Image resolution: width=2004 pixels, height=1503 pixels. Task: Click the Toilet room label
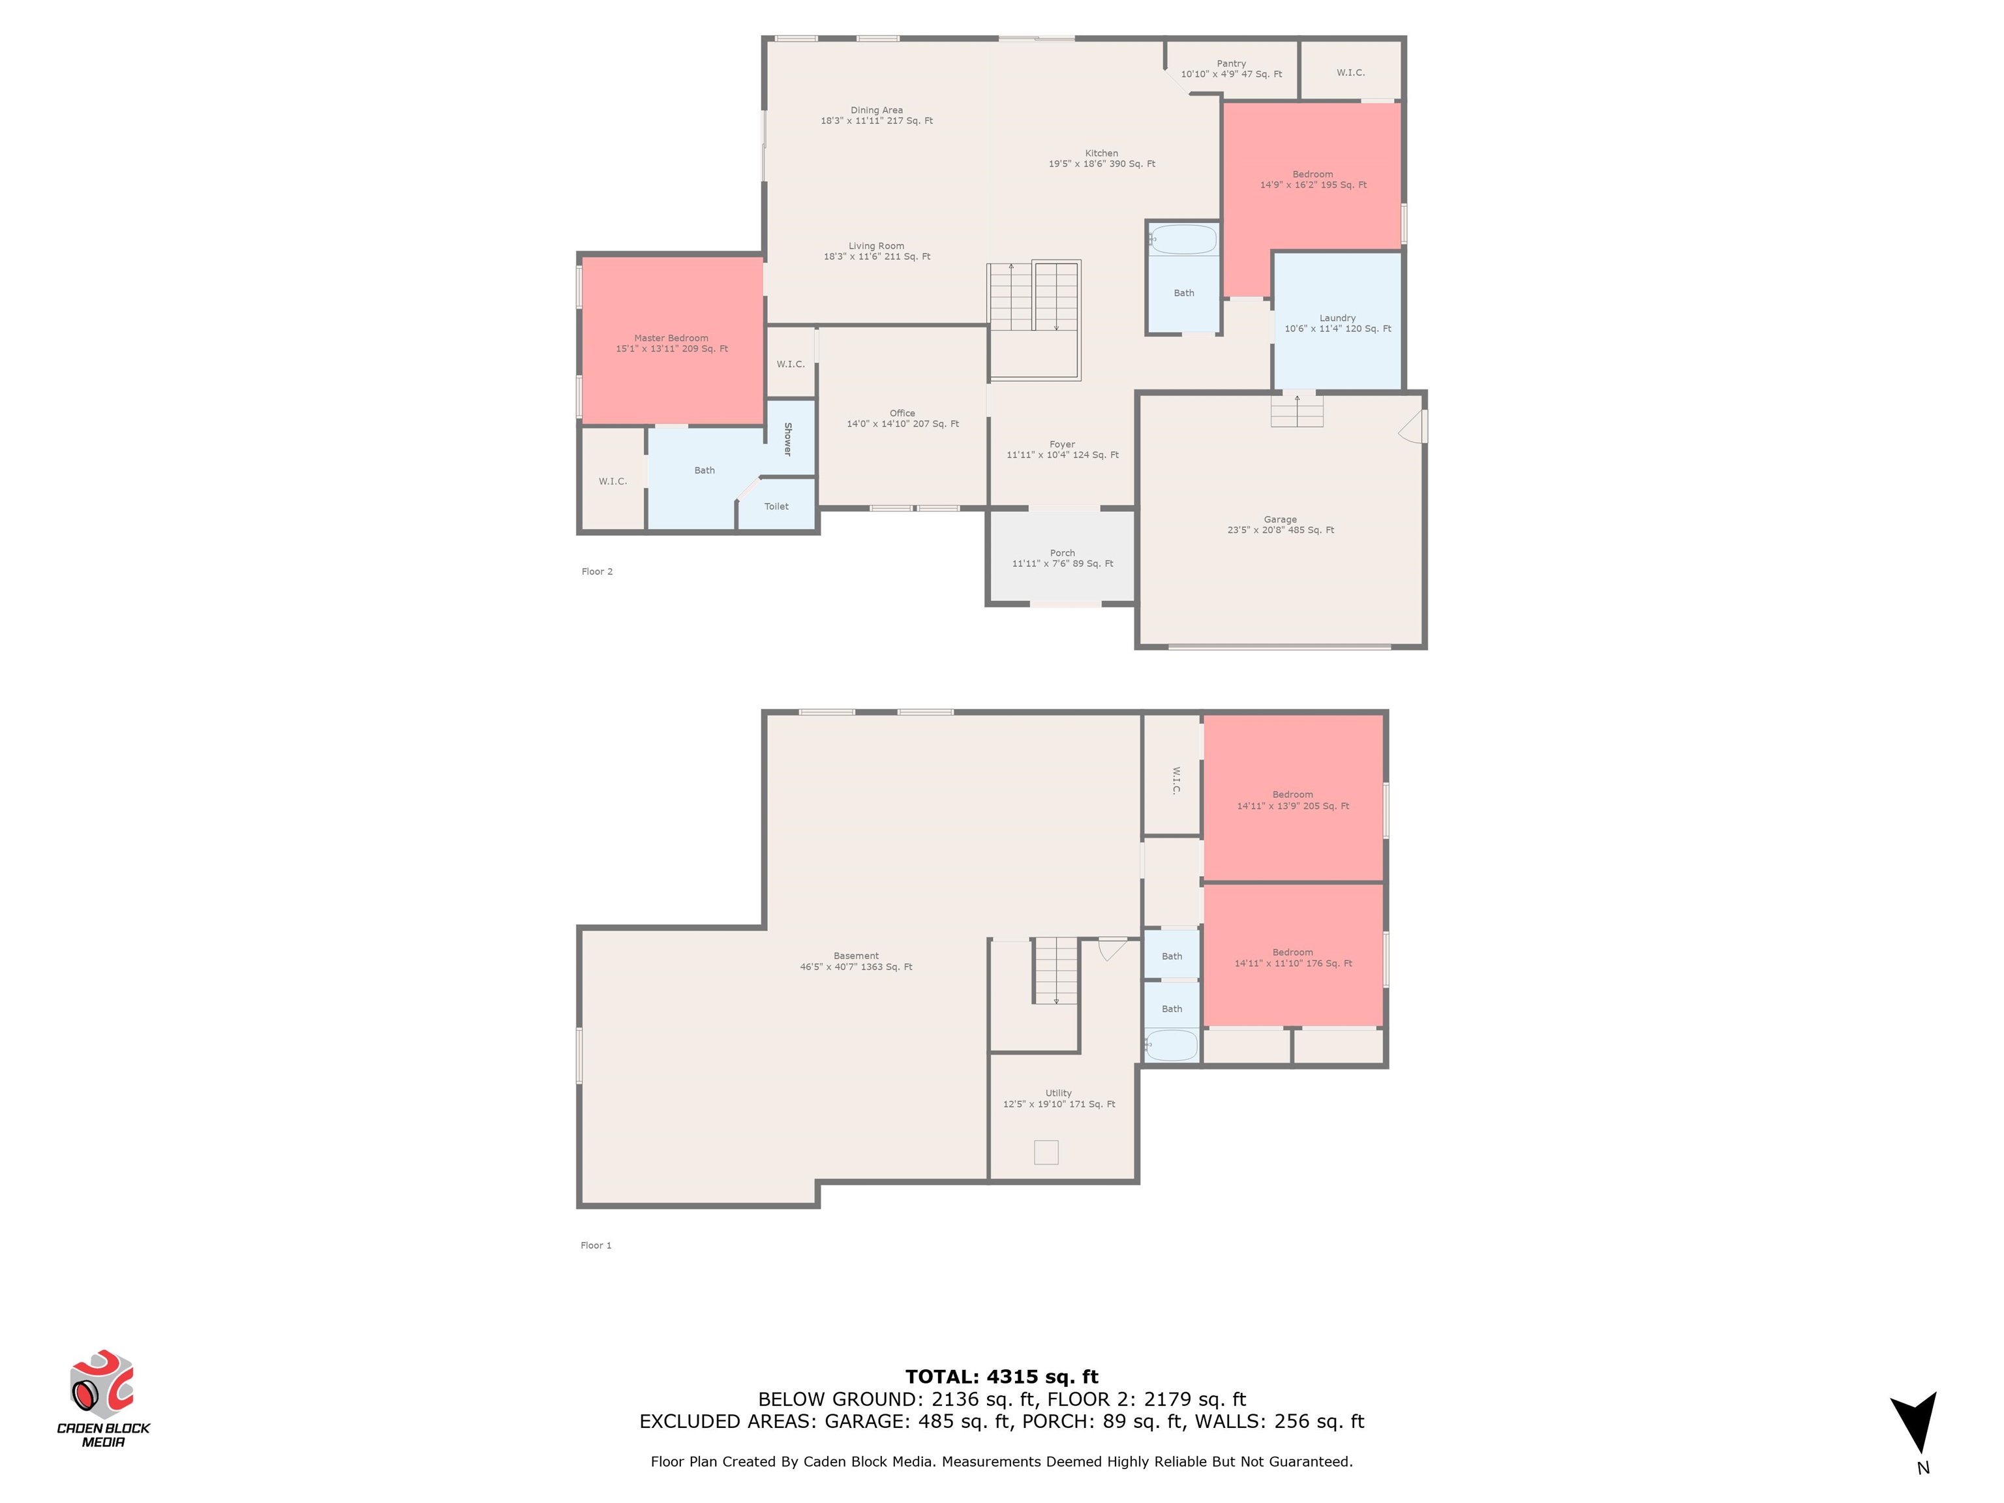pos(776,506)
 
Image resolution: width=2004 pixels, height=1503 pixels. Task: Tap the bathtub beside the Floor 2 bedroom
pos(1183,240)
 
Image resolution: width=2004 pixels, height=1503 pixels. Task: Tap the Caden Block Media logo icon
pos(102,1384)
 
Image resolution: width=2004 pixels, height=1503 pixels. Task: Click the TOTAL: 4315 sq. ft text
pos(1002,1377)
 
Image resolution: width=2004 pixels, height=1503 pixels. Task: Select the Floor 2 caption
pos(597,571)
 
